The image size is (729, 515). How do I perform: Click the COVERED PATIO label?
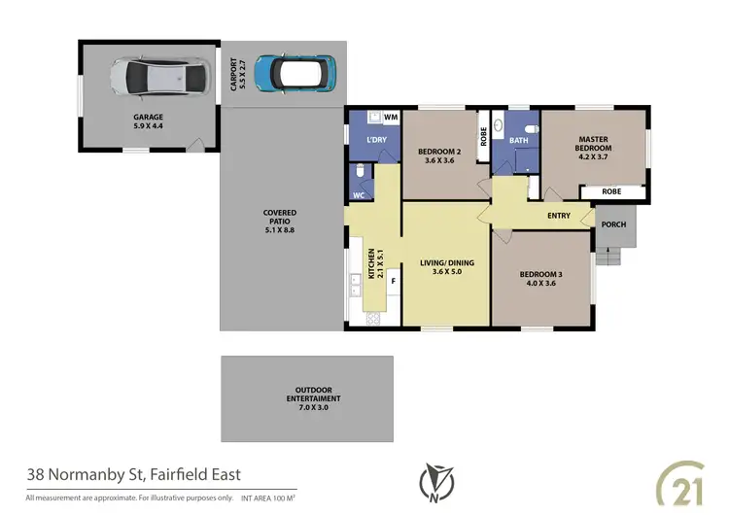pyautogui.click(x=280, y=218)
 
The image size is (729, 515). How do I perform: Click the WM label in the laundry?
pyautogui.click(x=390, y=118)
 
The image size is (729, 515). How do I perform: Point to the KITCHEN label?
pyautogui.click(x=370, y=263)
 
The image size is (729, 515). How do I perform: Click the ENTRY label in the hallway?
pyautogui.click(x=559, y=216)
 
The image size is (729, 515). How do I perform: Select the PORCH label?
pyautogui.click(x=613, y=224)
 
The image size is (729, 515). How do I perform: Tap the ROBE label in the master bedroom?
pyautogui.click(x=611, y=191)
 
